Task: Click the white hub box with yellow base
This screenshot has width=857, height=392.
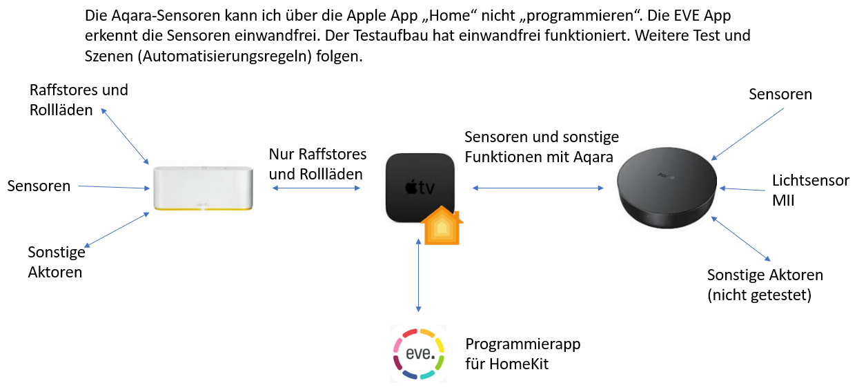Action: click(204, 187)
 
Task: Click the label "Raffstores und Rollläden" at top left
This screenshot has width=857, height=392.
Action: click(79, 100)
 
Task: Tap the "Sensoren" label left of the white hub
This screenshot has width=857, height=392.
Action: click(39, 186)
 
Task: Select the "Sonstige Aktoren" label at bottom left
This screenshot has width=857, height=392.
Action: click(56, 262)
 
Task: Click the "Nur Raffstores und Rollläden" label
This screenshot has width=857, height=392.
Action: click(317, 164)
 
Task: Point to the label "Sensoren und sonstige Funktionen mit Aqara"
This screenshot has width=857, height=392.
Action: click(542, 146)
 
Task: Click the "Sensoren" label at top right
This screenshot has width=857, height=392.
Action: click(780, 95)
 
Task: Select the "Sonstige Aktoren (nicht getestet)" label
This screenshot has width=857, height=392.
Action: click(765, 285)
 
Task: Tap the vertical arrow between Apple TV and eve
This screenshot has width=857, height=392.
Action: click(418, 276)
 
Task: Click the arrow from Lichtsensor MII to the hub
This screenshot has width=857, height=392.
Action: click(742, 188)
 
